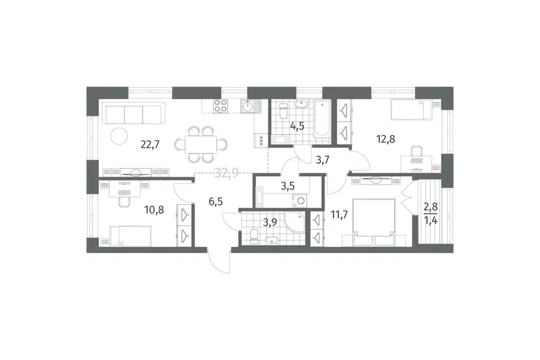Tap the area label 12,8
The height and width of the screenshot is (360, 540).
pyautogui.click(x=385, y=139)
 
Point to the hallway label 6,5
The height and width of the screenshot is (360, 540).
pyautogui.click(x=215, y=201)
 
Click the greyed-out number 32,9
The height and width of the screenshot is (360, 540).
pyautogui.click(x=226, y=172)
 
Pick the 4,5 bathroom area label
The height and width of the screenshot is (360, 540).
pyautogui.click(x=297, y=127)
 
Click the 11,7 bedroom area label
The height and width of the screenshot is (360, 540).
pyautogui.click(x=339, y=215)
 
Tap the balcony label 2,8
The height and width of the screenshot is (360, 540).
pyautogui.click(x=430, y=207)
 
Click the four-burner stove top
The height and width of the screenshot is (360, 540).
pyautogui.click(x=220, y=106)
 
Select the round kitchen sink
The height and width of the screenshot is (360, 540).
pyautogui.click(x=247, y=106)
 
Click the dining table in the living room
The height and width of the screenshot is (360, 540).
pyautogui.click(x=201, y=145)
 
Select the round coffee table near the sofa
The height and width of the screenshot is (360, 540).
pyautogui.click(x=119, y=137)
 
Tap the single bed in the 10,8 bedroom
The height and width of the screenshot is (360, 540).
pyautogui.click(x=130, y=236)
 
